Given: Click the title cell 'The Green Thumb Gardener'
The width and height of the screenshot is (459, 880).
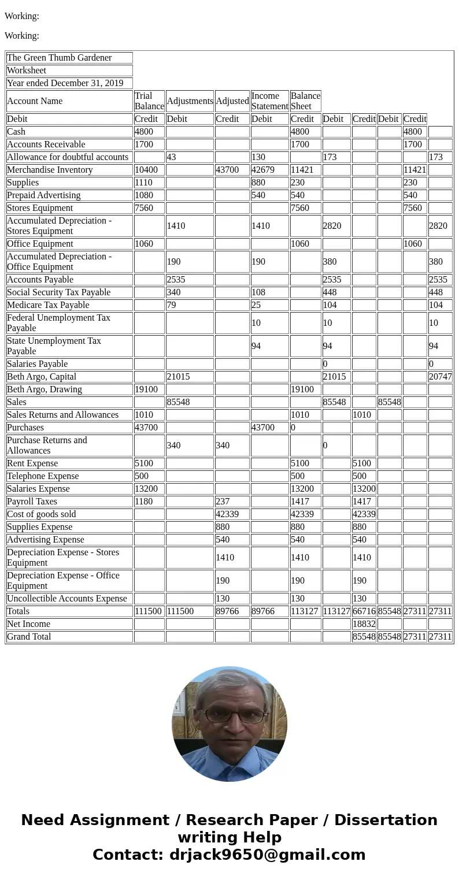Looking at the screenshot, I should pos(59,58).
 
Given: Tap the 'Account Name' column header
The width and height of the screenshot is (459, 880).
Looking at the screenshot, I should pos(35,101).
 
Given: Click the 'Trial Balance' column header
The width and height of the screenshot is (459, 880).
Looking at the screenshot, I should pos(149,101).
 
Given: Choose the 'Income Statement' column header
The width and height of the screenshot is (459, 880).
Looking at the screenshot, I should pos(269,101).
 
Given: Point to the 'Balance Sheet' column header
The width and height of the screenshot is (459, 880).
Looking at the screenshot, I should pos(305,101).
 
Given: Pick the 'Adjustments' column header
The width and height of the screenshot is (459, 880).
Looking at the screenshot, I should pos(190,101).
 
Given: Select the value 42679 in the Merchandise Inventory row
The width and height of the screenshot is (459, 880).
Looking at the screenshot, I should pos(264,170).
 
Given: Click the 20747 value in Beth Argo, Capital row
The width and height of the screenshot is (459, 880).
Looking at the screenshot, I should pos(440,377).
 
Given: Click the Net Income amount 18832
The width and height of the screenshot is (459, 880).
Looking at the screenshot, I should pos(364,624).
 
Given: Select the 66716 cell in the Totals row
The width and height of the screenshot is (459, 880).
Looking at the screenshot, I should pos(364,611).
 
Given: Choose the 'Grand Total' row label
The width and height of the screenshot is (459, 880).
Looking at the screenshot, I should pos(29,637).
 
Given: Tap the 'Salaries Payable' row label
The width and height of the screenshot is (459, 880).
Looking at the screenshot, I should pos(38,364).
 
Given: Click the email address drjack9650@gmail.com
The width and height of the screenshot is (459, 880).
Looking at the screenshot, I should pos(267,855).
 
